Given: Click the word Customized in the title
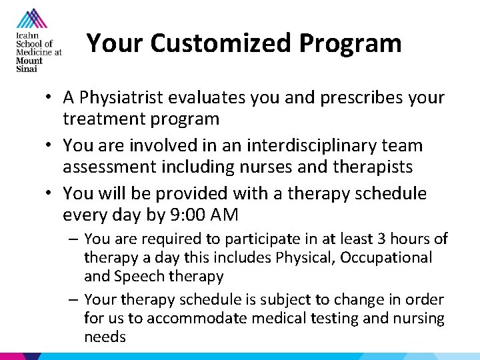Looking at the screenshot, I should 221,44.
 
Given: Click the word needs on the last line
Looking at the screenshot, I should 105,337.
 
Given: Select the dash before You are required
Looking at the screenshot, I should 73,239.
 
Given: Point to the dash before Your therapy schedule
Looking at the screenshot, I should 73,300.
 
